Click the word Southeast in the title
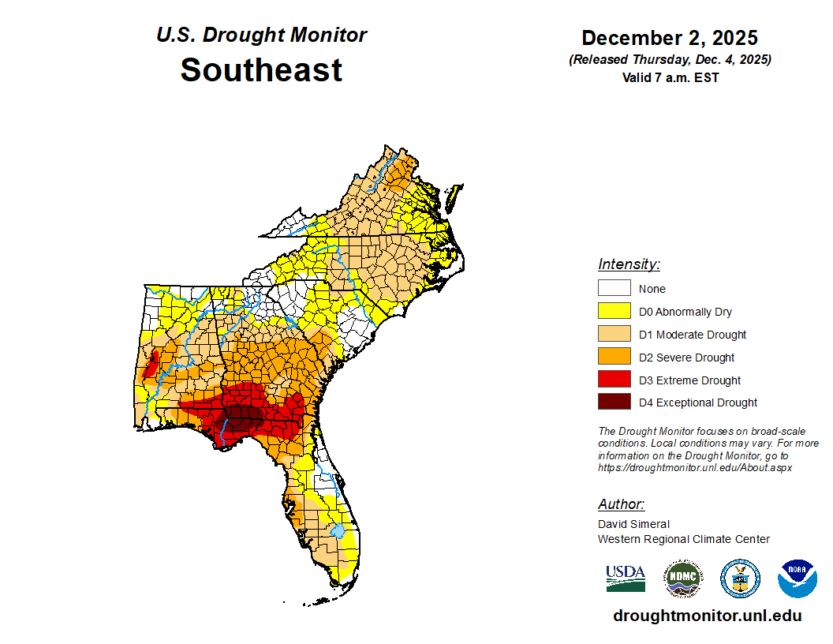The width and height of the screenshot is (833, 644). pyautogui.click(x=261, y=70)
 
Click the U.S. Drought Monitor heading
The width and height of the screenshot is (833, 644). pyautogui.click(x=261, y=36)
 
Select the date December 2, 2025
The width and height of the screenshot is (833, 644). pyautogui.click(x=669, y=38)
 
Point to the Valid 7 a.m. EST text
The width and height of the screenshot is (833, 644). pyautogui.click(x=670, y=77)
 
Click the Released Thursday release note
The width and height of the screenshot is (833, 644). pyautogui.click(x=670, y=60)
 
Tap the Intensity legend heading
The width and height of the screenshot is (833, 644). pyautogui.click(x=629, y=264)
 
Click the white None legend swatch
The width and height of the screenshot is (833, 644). pyautogui.click(x=614, y=289)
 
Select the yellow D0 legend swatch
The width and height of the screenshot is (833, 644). pyautogui.click(x=614, y=312)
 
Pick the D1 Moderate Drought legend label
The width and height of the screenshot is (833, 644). pyautogui.click(x=693, y=335)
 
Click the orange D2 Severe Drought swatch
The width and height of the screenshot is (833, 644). pyautogui.click(x=614, y=358)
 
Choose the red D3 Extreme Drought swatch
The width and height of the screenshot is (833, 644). pyautogui.click(x=614, y=380)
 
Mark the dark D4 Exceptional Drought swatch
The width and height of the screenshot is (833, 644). pyautogui.click(x=614, y=402)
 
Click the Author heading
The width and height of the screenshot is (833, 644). pyautogui.click(x=621, y=504)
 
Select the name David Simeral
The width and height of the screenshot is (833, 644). pyautogui.click(x=633, y=524)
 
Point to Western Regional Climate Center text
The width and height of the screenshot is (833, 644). pyautogui.click(x=683, y=539)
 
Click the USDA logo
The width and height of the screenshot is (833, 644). pyautogui.click(x=626, y=578)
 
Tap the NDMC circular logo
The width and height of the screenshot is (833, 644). pyautogui.click(x=682, y=579)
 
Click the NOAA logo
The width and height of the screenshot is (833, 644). pyautogui.click(x=797, y=579)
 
